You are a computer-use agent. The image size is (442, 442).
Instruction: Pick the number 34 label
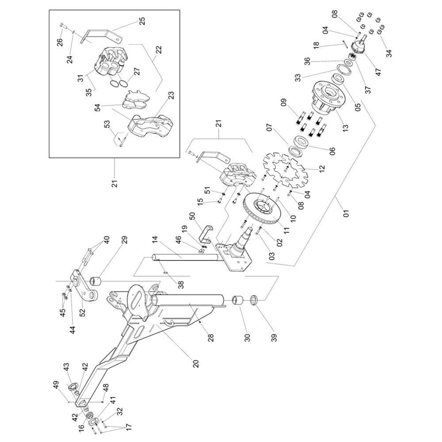point(389,53)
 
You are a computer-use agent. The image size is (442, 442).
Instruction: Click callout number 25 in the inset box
point(142,21)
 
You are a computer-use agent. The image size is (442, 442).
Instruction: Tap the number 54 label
point(98,107)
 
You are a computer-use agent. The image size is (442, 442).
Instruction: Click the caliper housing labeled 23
point(149,126)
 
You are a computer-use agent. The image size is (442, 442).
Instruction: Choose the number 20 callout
point(196,363)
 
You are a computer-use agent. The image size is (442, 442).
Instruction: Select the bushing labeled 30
point(237,301)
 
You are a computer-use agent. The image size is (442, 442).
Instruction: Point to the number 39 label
point(274,336)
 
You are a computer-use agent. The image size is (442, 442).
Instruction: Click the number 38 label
point(181,284)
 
